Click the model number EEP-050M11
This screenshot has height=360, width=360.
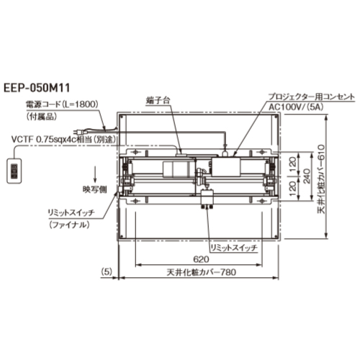[37, 88]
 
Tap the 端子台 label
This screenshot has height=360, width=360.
[158, 101]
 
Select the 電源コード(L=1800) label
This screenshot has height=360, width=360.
[62, 105]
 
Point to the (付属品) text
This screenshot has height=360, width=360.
[42, 117]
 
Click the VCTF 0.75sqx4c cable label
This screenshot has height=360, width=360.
[63, 140]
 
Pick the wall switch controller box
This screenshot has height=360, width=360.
[14, 171]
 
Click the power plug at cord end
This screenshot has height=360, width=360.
[78, 132]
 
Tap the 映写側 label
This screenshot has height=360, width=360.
[95, 190]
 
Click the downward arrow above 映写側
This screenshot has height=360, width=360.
[95, 174]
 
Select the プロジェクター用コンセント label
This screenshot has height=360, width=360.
[311, 96]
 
